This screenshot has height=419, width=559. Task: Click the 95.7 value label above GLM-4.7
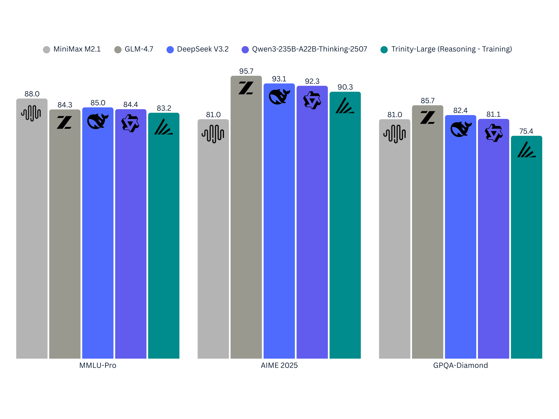[x=246, y=71]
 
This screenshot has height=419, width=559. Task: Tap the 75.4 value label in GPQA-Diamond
[x=526, y=131]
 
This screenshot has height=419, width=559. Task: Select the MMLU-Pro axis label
[x=98, y=365]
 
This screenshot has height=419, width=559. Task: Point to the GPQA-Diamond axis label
[x=460, y=365]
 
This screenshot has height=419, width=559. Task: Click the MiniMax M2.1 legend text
[x=77, y=49]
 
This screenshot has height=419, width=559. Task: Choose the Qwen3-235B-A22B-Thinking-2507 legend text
[x=310, y=49]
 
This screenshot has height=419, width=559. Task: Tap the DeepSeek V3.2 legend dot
[x=170, y=50]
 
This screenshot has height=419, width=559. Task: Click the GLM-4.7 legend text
[x=139, y=49]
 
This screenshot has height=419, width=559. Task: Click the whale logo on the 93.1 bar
[x=279, y=97]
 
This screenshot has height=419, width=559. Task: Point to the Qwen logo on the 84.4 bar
[x=130, y=123]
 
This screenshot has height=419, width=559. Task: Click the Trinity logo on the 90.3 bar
[x=345, y=106]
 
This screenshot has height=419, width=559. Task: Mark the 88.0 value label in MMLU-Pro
[x=32, y=94]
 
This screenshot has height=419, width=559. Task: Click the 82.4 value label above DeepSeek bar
[x=460, y=111]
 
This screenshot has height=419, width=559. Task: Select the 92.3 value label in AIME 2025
[x=312, y=81]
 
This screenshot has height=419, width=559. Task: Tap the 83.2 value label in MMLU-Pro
[x=164, y=108]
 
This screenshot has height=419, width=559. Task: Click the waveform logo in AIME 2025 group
[x=213, y=134]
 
